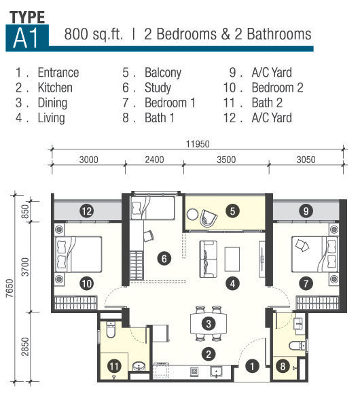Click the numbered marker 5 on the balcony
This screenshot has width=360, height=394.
pos(232,211)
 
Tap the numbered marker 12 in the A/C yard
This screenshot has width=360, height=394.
pos(87,211)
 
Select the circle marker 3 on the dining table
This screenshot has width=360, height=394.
pos(209,323)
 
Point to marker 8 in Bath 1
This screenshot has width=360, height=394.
pos(283,366)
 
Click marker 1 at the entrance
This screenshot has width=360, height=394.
pos(252,366)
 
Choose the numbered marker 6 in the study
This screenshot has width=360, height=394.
pos(164,259)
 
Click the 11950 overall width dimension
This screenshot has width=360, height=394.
pos(198,144)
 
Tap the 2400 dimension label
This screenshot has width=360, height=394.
pos(154,160)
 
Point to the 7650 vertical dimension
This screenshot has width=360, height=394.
pos(10,288)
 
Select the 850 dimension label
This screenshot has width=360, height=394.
pos(25,211)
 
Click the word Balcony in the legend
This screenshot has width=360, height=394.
pos(163,73)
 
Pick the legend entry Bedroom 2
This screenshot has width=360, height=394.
pos(278,88)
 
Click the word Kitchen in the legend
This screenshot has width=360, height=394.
pos(55,88)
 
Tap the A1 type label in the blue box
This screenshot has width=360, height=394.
pos(26,38)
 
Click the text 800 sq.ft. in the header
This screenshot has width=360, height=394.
pos(94,34)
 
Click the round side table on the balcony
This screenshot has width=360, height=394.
pos(193,215)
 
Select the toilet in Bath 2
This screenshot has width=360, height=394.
pos(111,329)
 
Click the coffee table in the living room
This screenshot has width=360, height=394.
pos(232,259)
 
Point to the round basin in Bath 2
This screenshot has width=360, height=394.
pos(139,367)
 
